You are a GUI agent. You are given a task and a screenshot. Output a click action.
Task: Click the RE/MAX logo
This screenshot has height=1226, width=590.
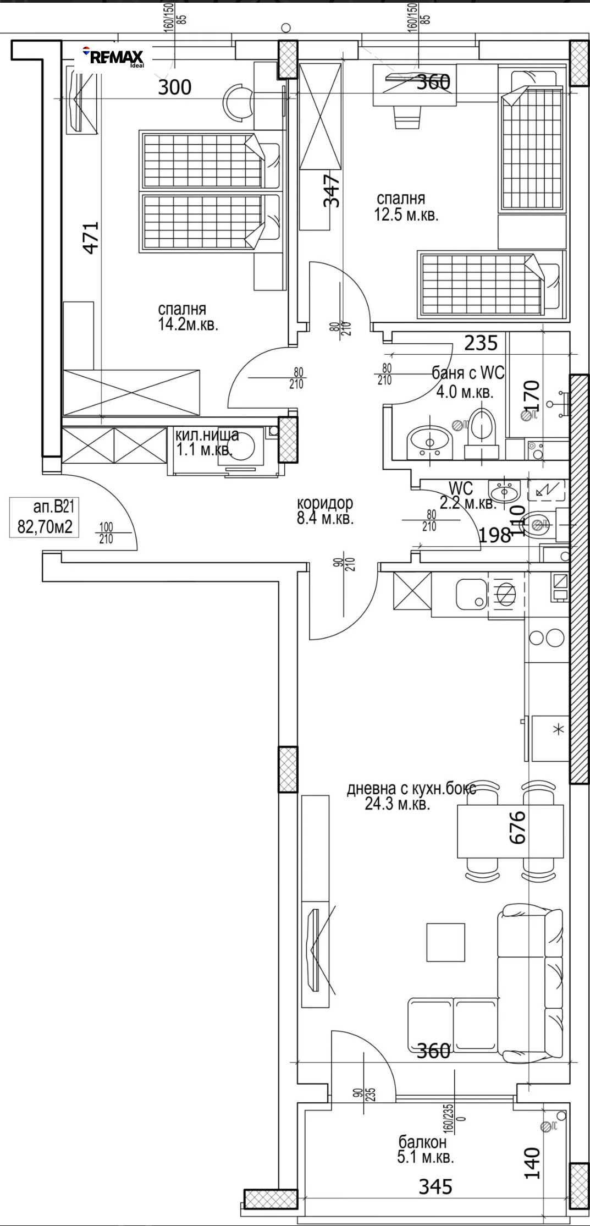tap(113, 57)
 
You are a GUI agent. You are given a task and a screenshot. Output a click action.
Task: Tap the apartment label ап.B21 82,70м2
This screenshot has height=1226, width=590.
tap(41, 517)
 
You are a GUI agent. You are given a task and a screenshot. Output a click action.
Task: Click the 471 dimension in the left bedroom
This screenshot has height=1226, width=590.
tap(91, 237)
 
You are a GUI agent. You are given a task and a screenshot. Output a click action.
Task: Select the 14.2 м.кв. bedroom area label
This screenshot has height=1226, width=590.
tap(188, 317)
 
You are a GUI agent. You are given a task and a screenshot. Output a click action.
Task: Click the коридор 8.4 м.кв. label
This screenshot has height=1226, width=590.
tap(324, 510)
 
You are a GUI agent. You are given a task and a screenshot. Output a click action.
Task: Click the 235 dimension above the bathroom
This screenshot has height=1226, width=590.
tap(481, 343)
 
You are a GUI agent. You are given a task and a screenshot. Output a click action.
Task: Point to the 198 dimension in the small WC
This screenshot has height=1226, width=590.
tap(495, 535)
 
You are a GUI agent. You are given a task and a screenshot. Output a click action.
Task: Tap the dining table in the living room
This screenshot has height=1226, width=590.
tap(510, 831)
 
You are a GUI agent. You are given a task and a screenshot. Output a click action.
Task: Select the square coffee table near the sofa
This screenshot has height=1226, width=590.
tap(445, 942)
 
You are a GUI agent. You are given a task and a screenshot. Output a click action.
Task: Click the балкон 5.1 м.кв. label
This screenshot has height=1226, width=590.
tap(425, 1150)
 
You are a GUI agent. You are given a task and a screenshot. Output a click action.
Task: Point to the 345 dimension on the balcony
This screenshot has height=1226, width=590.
tap(435, 1186)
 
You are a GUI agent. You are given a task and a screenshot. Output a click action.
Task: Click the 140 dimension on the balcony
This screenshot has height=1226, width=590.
tap(531, 1162)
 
